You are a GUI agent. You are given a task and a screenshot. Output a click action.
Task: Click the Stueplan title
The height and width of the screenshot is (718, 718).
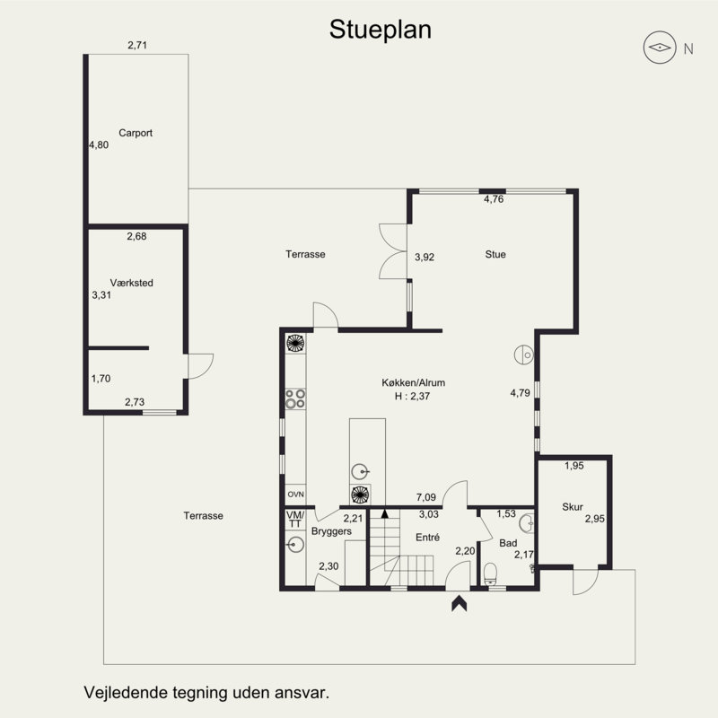point(381,30)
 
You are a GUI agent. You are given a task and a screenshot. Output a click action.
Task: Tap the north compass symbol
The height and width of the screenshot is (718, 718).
point(661,48)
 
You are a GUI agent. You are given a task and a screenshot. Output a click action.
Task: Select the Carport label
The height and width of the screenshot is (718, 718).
point(136,133)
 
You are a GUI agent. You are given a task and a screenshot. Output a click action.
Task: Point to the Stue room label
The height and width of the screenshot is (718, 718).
point(495,255)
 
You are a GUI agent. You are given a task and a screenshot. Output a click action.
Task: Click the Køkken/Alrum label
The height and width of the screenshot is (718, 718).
point(413,382)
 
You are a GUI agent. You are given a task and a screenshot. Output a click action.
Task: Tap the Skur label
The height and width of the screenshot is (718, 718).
point(573,507)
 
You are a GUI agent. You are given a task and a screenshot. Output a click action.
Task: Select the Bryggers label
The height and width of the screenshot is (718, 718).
point(331,531)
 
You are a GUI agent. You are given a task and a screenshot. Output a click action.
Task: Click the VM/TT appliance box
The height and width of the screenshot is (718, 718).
point(295,518)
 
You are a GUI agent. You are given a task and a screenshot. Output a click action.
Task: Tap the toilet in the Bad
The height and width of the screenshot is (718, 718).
point(491,574)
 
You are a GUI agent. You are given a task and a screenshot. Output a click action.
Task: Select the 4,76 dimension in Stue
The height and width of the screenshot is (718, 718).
point(494,200)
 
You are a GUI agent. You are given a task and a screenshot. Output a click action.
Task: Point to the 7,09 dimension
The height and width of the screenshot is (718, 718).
point(426,496)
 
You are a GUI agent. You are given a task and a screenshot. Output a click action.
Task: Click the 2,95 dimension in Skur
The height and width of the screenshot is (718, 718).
point(594,519)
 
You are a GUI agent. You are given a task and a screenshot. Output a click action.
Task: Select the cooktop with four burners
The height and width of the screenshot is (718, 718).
point(295,399)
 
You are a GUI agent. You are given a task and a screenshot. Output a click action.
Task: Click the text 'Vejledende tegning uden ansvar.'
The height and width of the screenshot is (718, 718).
point(206,693)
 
